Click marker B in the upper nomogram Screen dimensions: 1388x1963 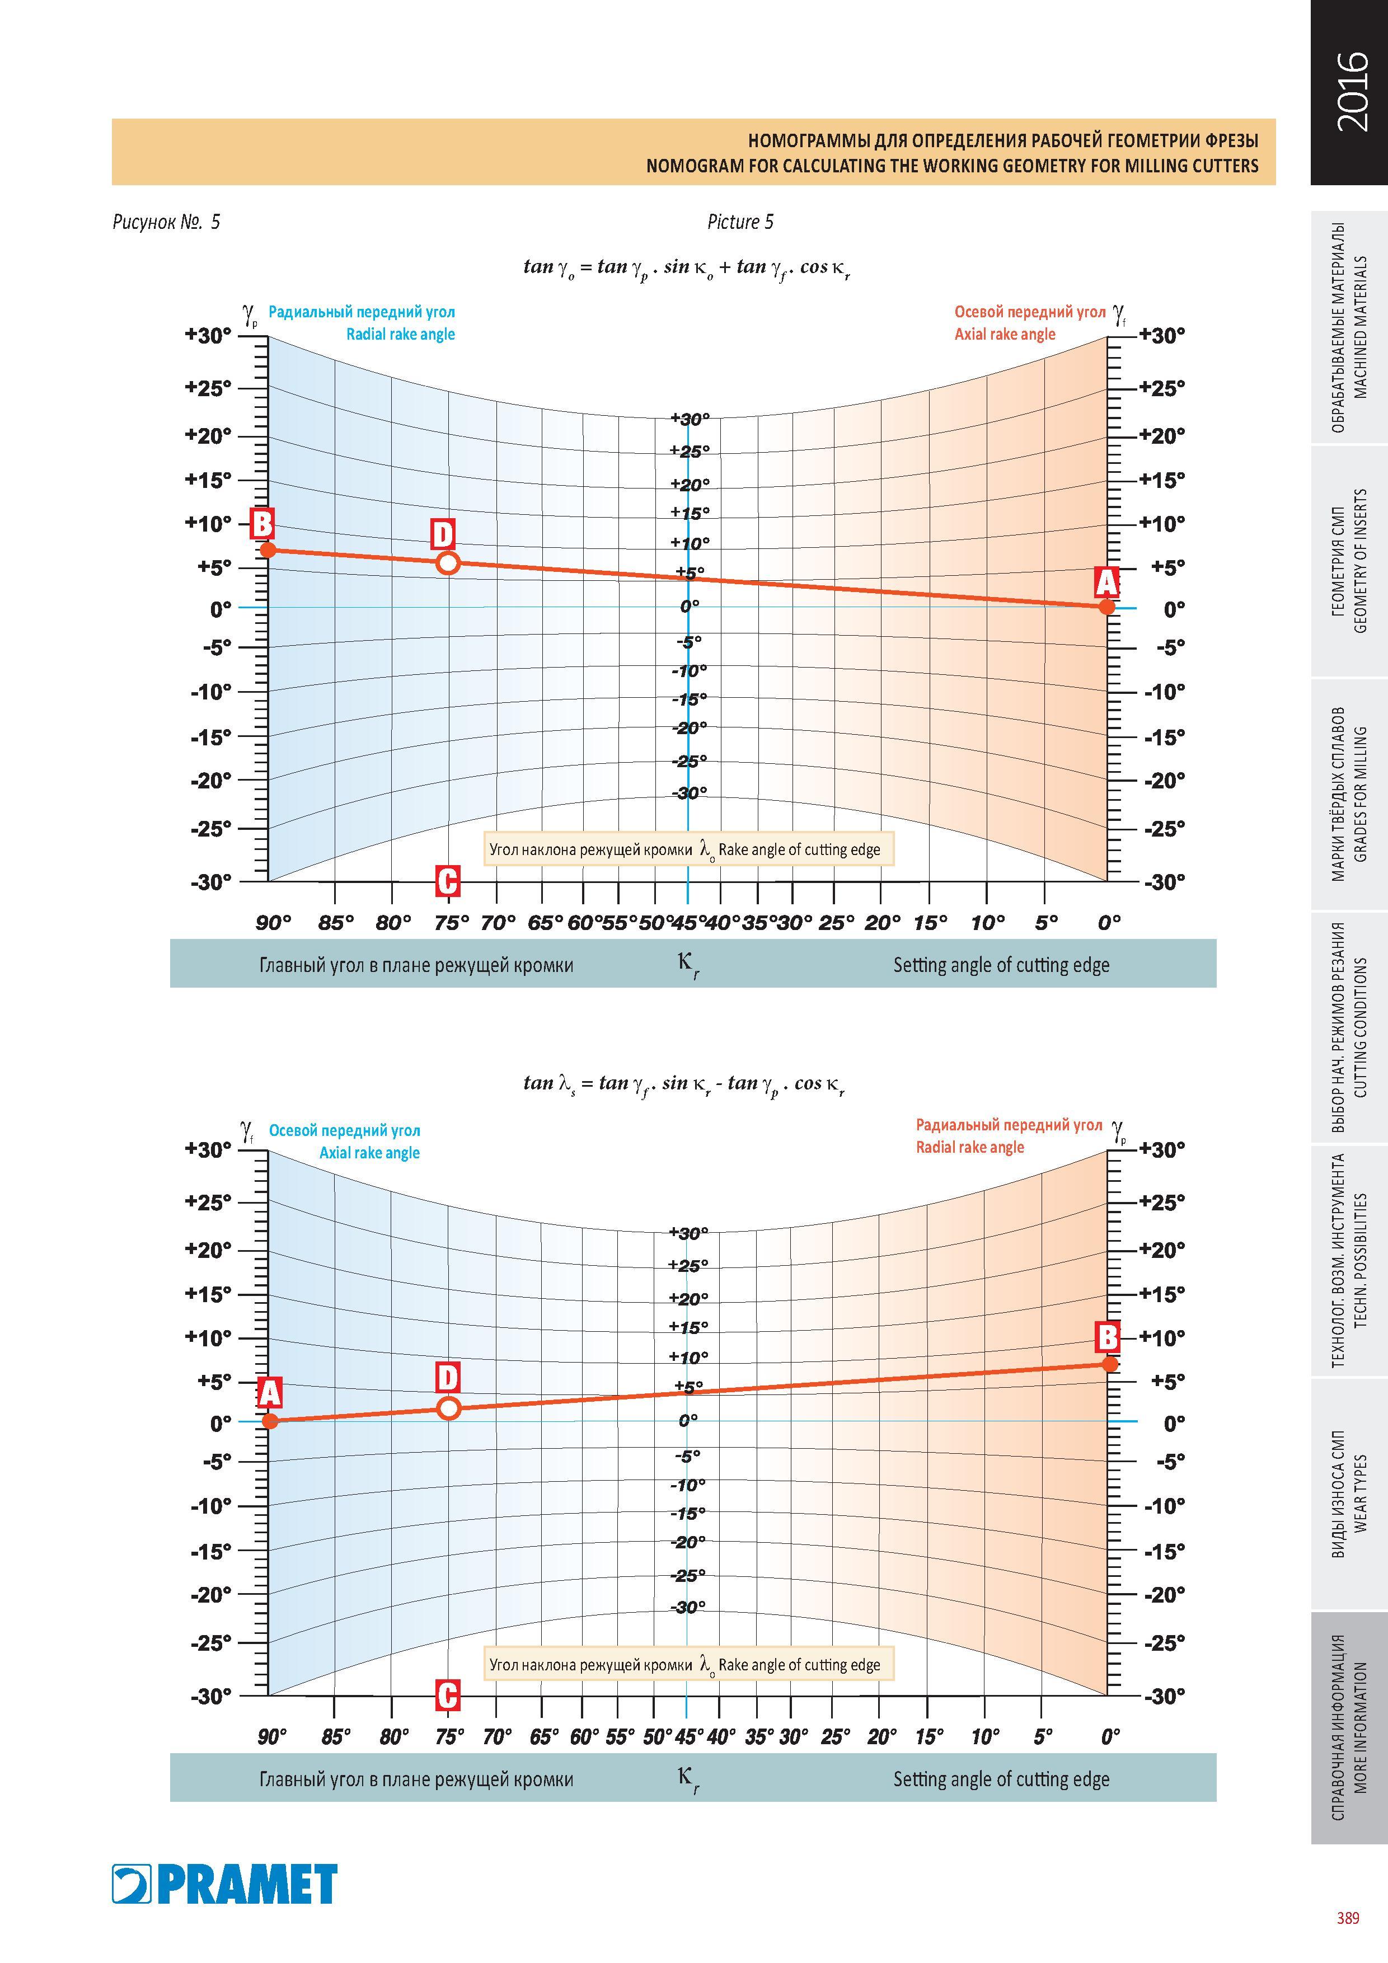coord(262,523)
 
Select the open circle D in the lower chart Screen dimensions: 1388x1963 coord(448,1408)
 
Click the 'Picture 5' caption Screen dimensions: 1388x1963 coord(740,222)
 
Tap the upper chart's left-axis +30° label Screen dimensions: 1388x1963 coord(209,336)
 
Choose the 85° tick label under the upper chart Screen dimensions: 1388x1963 coord(336,923)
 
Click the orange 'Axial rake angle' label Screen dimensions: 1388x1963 coord(1005,334)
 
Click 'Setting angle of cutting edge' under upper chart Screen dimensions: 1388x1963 coord(1001,965)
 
